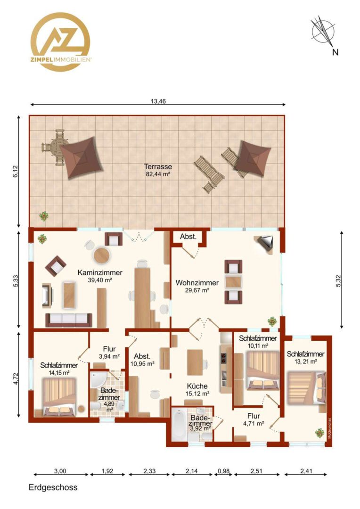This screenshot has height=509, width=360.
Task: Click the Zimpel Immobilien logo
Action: click(x=60, y=41)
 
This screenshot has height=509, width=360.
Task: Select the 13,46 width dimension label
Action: click(x=158, y=101)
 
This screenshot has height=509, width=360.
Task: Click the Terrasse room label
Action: click(x=158, y=166)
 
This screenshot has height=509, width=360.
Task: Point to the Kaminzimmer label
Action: click(x=100, y=273)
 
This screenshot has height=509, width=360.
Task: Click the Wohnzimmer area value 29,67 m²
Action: click(x=197, y=290)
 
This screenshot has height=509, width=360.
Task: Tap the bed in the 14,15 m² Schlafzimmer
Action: click(x=60, y=397)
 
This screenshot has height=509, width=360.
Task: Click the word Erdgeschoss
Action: click(x=53, y=487)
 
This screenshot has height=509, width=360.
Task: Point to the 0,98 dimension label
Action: click(x=223, y=471)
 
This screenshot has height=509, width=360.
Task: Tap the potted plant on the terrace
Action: click(x=43, y=216)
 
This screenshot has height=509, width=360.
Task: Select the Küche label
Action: click(x=197, y=386)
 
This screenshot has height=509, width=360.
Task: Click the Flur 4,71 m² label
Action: click(x=254, y=419)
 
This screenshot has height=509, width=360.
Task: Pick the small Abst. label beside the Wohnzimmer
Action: click(x=188, y=237)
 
